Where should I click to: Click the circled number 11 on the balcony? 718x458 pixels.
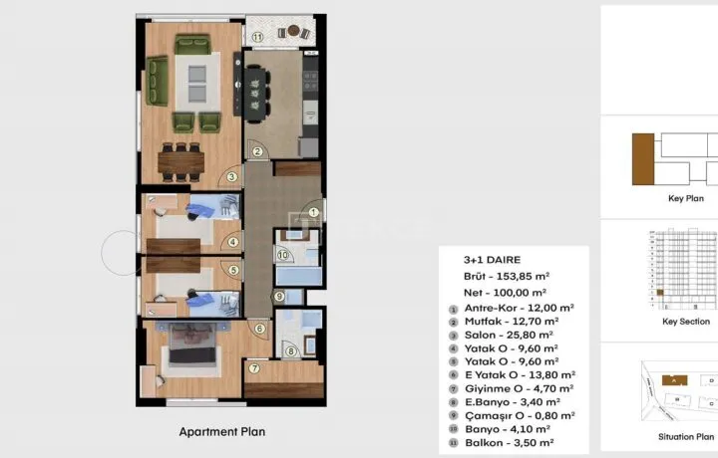(x=258, y=38)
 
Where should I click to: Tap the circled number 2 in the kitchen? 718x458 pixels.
(x=257, y=151)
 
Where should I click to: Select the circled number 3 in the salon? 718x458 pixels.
(x=232, y=177)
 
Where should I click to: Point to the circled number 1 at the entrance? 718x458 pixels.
(x=314, y=212)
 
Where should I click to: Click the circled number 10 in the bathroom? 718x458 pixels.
(x=283, y=255)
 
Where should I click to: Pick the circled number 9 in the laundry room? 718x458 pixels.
(x=279, y=297)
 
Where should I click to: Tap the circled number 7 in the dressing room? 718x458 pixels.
(x=254, y=368)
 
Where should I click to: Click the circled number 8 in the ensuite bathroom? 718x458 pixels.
(x=291, y=351)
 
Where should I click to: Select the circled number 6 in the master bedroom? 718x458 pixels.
(x=260, y=329)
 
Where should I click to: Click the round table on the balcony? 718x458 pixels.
(x=293, y=31)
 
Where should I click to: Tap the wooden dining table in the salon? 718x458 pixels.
(x=181, y=162)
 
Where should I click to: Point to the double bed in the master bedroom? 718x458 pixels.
(x=192, y=343)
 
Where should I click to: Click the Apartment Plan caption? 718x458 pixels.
(x=222, y=432)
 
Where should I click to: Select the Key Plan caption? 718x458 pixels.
(x=686, y=198)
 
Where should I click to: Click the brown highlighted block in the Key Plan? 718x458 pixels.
(x=643, y=159)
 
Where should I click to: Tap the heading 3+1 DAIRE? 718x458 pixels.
(x=493, y=260)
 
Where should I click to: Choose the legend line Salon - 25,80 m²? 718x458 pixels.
(x=509, y=336)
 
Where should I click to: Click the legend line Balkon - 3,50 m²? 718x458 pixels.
(x=510, y=443)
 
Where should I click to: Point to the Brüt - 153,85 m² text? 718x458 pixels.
(x=507, y=277)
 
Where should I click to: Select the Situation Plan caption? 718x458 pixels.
(x=686, y=437)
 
